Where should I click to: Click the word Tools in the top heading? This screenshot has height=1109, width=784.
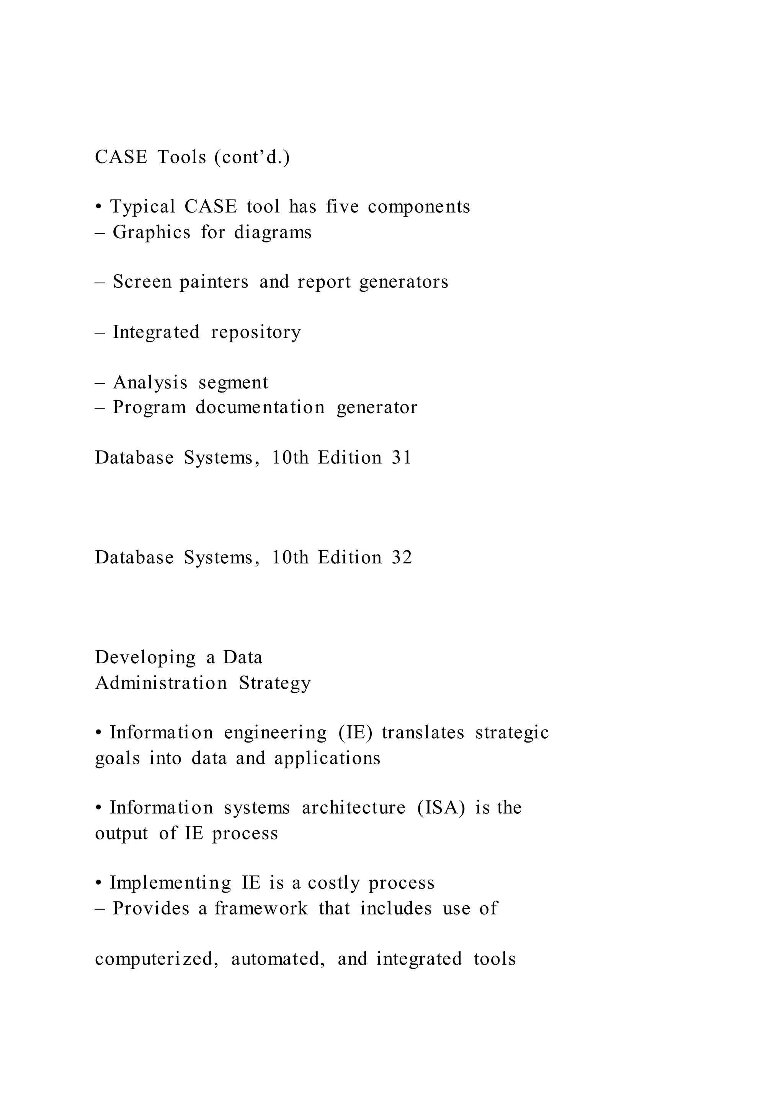pos(181,157)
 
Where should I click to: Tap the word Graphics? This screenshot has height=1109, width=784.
pos(152,232)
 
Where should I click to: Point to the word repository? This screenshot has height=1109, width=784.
pos(256,332)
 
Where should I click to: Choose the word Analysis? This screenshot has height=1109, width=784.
pos(150,383)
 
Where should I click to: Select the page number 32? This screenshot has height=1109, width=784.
pos(402,558)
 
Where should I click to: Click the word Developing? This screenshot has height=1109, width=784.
pos(145,658)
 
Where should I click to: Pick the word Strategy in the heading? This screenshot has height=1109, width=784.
pos(275,683)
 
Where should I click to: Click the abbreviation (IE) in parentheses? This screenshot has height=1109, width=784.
pos(356,733)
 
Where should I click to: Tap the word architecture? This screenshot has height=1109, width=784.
pos(353,808)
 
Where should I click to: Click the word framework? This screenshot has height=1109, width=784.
pos(261,908)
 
